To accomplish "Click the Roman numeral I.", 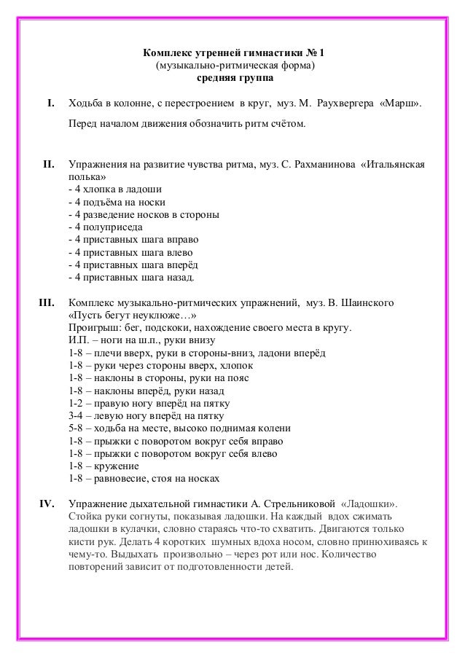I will tap(51, 105).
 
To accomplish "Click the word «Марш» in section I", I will tap(400, 105).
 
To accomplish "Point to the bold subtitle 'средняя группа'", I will tap(232, 78).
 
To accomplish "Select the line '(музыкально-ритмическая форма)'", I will tap(232, 66).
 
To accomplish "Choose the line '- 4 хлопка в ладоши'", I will tap(114, 189).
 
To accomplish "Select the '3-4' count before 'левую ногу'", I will tap(75, 415).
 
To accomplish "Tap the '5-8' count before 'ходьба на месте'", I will tap(75, 428).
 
